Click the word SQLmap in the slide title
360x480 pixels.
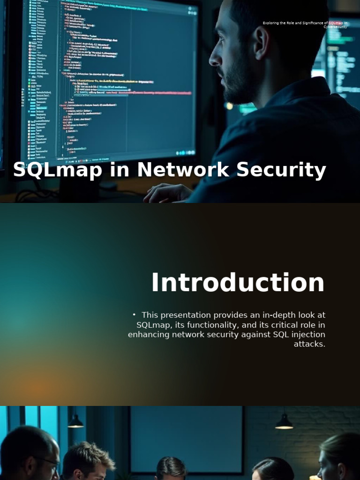pyautogui.click(x=57, y=170)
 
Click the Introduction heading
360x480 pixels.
pyautogui.click(x=238, y=283)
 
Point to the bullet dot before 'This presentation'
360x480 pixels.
pyautogui.click(x=134, y=315)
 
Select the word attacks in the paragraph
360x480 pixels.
pyautogui.click(x=309, y=344)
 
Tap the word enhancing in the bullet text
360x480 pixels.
pyautogui.click(x=149, y=335)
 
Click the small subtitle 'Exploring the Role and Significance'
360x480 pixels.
pyautogui.click(x=305, y=23)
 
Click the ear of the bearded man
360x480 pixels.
pyautogui.click(x=260, y=43)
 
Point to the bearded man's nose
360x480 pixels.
pyautogui.click(x=215, y=59)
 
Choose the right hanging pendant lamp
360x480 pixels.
pyautogui.click(x=284, y=423)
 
